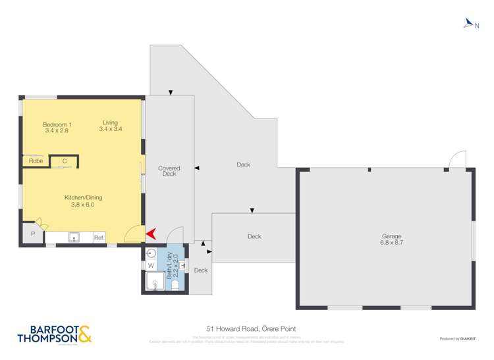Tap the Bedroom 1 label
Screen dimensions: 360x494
pos(57,124)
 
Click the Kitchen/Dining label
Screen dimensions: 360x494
pos(83,197)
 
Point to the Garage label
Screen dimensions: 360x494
pos(391,236)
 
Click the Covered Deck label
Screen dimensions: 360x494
pos(169,171)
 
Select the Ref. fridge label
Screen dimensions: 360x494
pos(99,238)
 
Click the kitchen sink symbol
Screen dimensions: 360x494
pos(74,238)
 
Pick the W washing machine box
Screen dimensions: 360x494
pos(151,266)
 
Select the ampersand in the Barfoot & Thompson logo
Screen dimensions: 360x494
pos(84,334)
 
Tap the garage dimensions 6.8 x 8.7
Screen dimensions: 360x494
pos(391,243)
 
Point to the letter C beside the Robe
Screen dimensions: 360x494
pos(65,161)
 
